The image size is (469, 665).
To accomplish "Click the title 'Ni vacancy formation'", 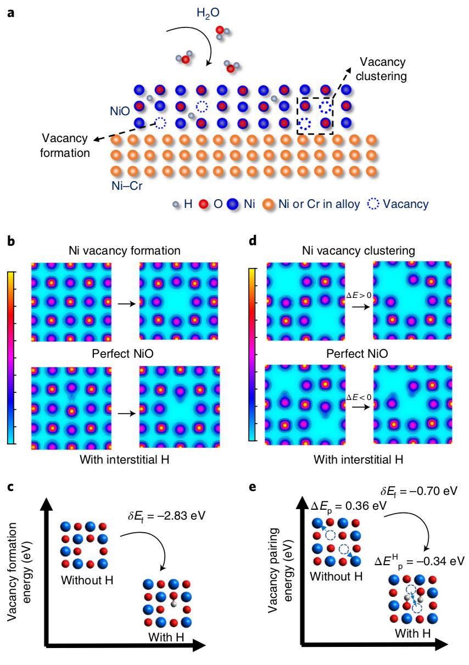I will [124, 252].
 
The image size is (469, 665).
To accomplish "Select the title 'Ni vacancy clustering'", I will [358, 252].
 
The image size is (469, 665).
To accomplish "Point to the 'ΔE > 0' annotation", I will [359, 296].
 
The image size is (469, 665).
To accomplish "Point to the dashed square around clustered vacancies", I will [316, 115].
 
